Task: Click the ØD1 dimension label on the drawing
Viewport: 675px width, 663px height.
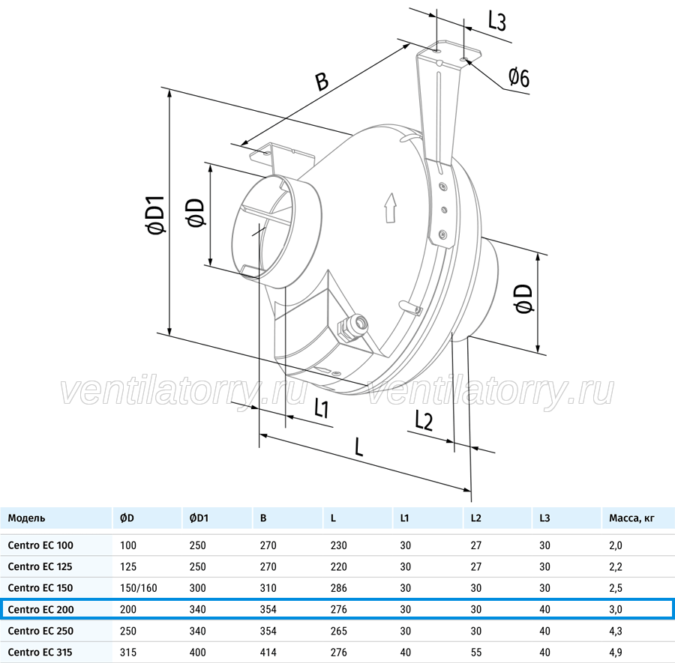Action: pyautogui.click(x=156, y=215)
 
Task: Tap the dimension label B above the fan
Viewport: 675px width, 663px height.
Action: pyautogui.click(x=322, y=81)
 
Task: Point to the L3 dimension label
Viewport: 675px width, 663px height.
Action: pyautogui.click(x=496, y=21)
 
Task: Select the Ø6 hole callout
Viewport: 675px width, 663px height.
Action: pyautogui.click(x=519, y=78)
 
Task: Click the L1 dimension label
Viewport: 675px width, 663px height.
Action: pyautogui.click(x=322, y=408)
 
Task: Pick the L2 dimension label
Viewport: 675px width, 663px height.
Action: pyautogui.click(x=424, y=420)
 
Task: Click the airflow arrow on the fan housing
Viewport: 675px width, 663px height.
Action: pyautogui.click(x=390, y=208)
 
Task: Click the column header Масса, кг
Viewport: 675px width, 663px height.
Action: pyautogui.click(x=631, y=518)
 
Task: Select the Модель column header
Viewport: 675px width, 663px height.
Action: pyautogui.click(x=26, y=518)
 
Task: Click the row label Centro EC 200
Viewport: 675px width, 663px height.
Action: pyautogui.click(x=41, y=609)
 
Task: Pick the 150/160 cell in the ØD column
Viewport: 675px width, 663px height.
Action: pyautogui.click(x=139, y=588)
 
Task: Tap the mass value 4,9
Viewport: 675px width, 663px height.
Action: pyautogui.click(x=616, y=653)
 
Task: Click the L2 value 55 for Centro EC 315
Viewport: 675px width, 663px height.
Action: pyautogui.click(x=476, y=653)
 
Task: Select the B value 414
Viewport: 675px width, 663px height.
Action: pyautogui.click(x=268, y=653)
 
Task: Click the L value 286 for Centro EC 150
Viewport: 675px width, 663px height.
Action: pyautogui.click(x=339, y=588)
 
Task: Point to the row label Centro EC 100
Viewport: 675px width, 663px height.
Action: pyautogui.click(x=40, y=545)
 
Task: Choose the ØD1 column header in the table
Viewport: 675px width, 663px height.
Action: pyautogui.click(x=199, y=518)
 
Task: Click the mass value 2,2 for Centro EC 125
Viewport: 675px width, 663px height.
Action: pyautogui.click(x=616, y=566)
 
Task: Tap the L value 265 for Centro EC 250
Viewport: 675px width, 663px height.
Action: pyautogui.click(x=339, y=631)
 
